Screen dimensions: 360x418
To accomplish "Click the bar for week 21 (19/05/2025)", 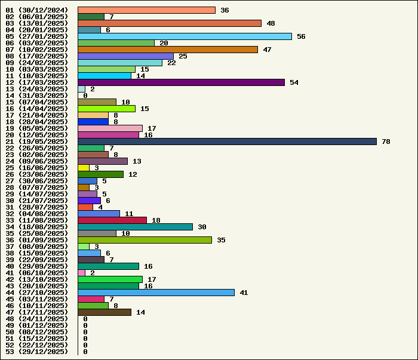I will [227, 141].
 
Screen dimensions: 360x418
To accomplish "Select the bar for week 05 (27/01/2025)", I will [185, 36].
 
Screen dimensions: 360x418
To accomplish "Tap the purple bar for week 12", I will [181, 82].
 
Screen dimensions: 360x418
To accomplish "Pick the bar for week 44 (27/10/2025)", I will [156, 293].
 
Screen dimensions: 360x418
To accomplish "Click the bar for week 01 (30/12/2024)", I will [146, 10].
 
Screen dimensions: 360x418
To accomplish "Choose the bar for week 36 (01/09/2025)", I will [145, 240].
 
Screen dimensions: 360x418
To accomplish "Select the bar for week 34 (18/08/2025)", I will [135, 227].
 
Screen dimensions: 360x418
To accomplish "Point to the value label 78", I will [386, 141].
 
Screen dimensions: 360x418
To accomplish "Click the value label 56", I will [301, 36].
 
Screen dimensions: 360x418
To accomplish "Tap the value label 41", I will [244, 293].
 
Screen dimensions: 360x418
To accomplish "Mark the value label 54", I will [294, 82].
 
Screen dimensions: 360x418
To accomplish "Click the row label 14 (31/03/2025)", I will [36, 96].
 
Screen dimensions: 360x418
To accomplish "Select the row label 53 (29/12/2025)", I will [36, 352].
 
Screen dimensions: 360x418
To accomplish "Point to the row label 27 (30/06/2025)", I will [36, 181].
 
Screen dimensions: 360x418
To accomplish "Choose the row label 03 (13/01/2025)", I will [36, 23].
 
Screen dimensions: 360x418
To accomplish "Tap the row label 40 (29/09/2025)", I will [36, 266].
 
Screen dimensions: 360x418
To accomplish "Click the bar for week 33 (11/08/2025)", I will [112, 220].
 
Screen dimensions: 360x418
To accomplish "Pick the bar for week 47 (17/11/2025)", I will [105, 312].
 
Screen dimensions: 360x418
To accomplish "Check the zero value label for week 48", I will [85, 319].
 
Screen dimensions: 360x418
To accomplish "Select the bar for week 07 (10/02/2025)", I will [168, 50].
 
